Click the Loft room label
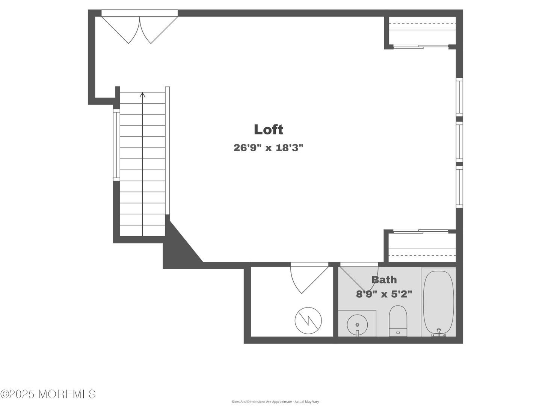pos(268,130)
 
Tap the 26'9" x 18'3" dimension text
pos(268,148)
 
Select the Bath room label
pos(384,280)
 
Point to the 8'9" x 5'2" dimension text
pos(384,294)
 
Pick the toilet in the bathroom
pos(398,321)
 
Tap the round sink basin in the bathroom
pos(357,325)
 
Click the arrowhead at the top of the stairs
pos(142,95)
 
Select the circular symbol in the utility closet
pos(308,321)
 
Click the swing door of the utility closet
pos(309,278)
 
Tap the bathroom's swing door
pos(359,276)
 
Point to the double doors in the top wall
pos(140,27)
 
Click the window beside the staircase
pos(116,145)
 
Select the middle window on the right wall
pos(459,142)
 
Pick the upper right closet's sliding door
pos(421,47)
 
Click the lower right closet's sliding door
pos(421,231)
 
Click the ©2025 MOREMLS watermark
pos(48,394)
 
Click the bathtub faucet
pos(439,333)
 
